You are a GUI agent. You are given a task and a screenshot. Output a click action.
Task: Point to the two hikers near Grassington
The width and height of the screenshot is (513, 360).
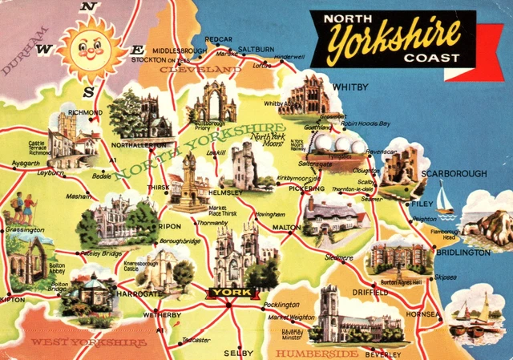pos(23,209)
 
